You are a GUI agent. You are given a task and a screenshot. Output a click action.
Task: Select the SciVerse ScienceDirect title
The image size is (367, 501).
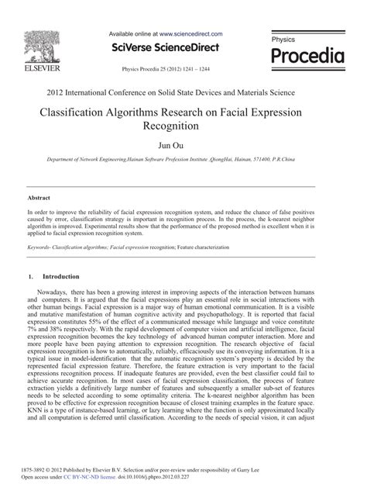pos(166,47)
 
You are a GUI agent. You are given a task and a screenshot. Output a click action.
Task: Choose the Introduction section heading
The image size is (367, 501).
pos(61,276)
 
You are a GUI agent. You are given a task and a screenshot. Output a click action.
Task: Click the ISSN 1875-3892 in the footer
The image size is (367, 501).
pos(41,470)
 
